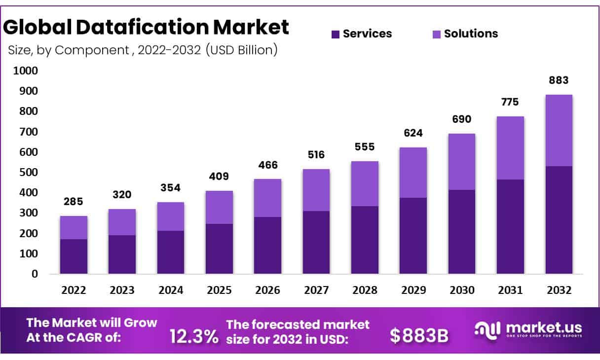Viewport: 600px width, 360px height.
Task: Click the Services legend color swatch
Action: pos(336,34)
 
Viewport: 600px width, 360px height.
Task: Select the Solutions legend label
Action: pos(471,34)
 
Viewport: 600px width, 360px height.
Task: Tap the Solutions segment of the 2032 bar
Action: pos(559,130)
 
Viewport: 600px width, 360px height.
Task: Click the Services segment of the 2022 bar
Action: pos(74,256)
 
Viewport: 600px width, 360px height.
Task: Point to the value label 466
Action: pos(267,165)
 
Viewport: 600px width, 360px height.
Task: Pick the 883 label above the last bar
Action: pos(559,80)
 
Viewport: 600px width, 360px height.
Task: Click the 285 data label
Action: pos(74,201)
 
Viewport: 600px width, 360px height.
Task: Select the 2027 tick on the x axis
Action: pos(316,290)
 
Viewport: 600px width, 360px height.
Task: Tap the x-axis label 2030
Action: pos(462,290)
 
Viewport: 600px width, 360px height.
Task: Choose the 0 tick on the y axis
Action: pos(34,274)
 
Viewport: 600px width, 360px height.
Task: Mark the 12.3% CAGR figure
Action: pos(193,336)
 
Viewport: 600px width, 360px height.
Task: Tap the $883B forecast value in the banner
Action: pos(419,335)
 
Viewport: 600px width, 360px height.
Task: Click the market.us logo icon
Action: pos(487,329)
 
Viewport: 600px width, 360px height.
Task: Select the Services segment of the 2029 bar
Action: pos(413,236)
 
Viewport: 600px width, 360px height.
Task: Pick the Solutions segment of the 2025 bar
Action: pos(219,207)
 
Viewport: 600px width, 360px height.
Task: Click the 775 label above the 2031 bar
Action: pos(510,102)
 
